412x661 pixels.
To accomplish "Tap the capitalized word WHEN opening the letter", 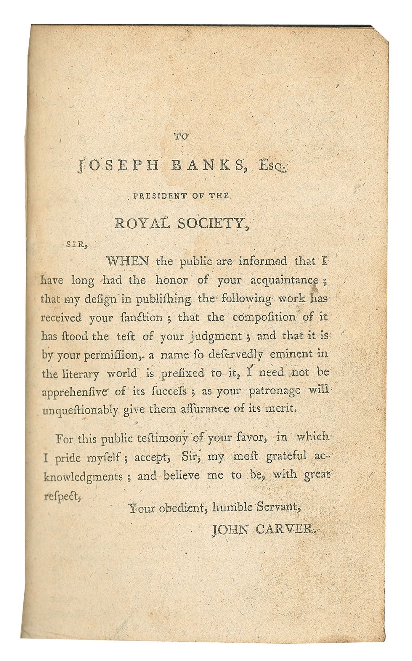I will [x=127, y=261].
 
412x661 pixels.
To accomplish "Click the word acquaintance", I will [x=284, y=281].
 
